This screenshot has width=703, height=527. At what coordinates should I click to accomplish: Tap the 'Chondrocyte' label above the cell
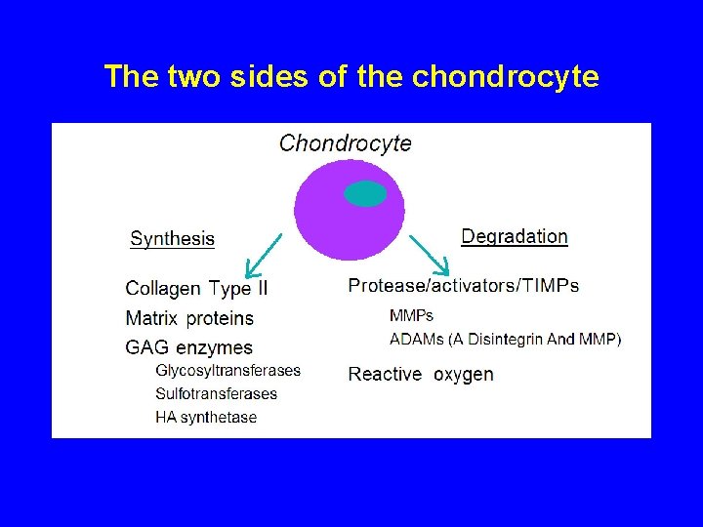(x=346, y=143)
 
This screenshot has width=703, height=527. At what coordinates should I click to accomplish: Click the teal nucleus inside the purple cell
(x=366, y=194)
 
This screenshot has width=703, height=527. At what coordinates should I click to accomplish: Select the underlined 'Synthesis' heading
(x=173, y=239)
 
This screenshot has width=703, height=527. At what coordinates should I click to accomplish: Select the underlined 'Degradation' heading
(x=515, y=236)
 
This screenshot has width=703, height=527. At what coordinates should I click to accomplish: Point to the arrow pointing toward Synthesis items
(x=263, y=256)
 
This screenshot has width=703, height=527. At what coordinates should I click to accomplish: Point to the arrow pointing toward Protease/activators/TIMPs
(x=430, y=255)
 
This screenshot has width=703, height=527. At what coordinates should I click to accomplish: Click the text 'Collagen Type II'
(x=196, y=288)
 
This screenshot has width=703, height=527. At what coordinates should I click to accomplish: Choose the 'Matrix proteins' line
(x=189, y=318)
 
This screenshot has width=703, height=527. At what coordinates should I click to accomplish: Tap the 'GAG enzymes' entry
(x=189, y=347)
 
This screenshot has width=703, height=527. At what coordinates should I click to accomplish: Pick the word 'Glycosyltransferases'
(x=228, y=371)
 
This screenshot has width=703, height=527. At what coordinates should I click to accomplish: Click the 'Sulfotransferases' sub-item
(x=217, y=394)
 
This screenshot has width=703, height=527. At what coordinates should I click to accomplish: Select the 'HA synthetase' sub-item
(x=206, y=418)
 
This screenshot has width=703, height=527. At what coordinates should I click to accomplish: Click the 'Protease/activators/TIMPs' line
(x=464, y=286)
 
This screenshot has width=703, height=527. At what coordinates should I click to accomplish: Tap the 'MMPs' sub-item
(x=411, y=316)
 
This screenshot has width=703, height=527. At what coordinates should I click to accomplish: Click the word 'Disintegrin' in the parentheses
(x=504, y=340)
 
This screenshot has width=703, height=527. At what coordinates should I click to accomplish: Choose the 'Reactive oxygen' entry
(x=421, y=374)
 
